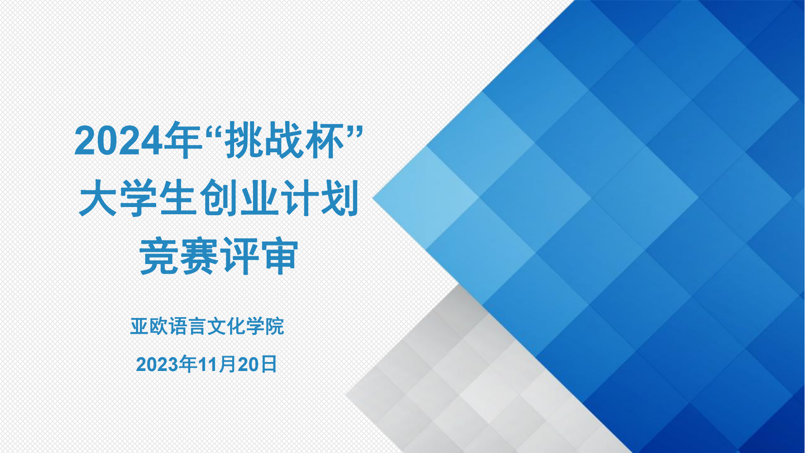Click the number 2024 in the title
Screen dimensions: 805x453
[119, 141]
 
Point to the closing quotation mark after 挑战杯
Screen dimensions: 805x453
[356, 131]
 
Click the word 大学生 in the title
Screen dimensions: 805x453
[138, 198]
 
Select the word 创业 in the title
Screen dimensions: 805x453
[239, 198]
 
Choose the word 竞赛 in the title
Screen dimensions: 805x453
[179, 256]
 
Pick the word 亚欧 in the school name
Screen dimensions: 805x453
[149, 326]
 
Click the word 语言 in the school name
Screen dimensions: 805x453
[188, 326]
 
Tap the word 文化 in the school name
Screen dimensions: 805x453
[226, 326]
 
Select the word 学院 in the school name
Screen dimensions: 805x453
[265, 326]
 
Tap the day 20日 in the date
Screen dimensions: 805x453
[257, 364]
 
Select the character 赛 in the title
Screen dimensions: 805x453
[199, 256]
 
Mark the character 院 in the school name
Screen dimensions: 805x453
[275, 326]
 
